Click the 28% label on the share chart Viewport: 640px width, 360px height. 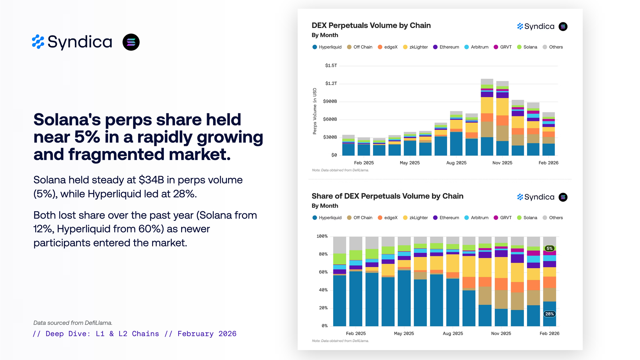549,314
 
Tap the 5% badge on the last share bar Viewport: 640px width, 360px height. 549,248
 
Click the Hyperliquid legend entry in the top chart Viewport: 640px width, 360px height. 327,47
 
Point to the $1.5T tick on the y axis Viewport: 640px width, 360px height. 331,66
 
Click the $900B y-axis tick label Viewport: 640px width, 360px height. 330,101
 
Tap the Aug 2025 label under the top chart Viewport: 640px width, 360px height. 456,163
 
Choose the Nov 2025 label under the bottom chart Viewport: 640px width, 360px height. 501,333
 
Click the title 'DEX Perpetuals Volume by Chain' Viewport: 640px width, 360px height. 371,26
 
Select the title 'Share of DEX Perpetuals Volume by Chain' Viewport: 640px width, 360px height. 387,196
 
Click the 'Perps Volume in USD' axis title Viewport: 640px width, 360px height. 315,111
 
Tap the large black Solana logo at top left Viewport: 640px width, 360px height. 131,42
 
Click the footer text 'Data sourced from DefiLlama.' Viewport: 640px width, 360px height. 73,323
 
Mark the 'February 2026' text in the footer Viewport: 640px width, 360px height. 207,334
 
